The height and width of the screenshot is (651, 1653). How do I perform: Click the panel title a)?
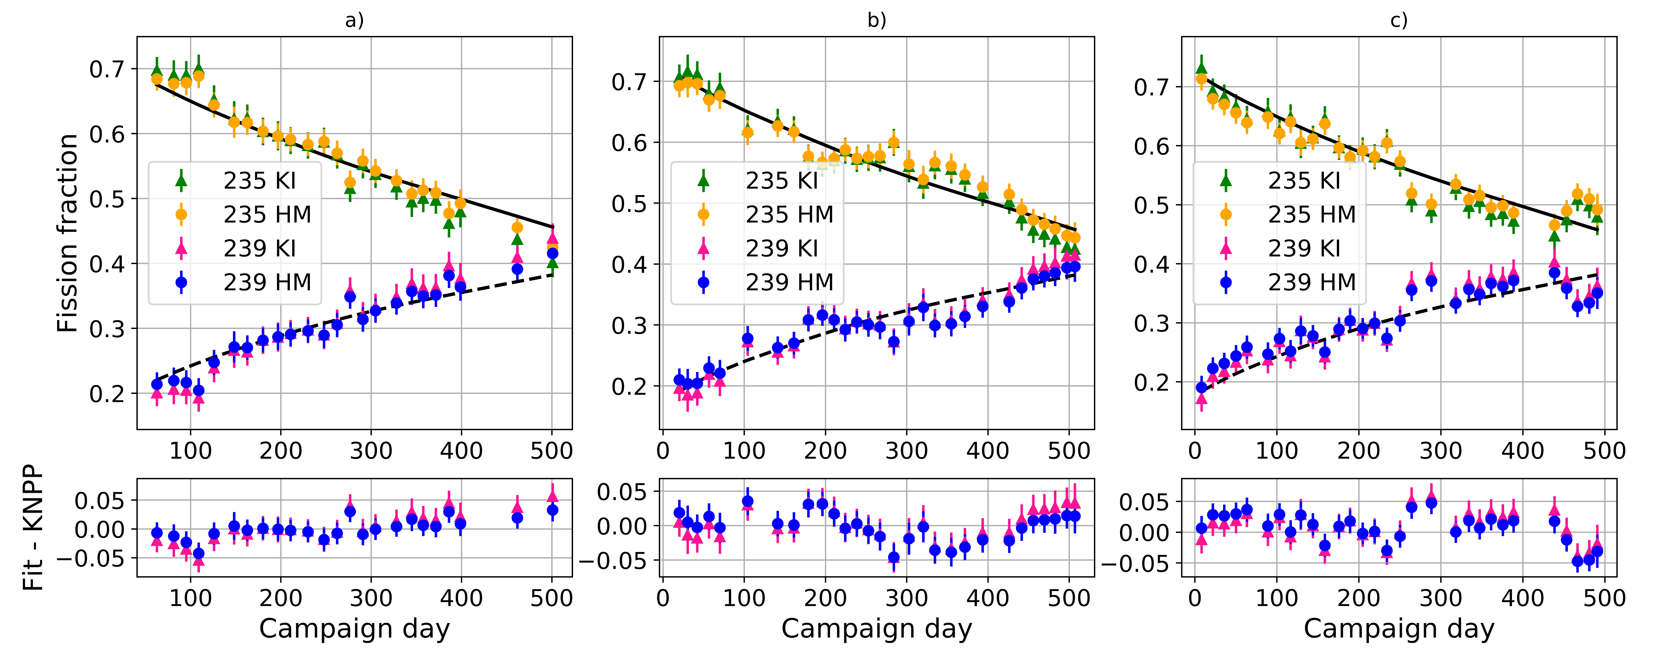click(354, 20)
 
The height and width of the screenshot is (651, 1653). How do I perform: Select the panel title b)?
click(877, 20)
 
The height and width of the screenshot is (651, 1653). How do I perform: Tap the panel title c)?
click(1399, 20)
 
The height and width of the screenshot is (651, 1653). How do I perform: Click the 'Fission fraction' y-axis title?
click(67, 233)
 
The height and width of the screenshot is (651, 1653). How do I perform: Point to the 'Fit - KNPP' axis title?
click(32, 527)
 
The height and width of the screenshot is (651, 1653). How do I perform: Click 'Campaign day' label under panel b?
click(877, 629)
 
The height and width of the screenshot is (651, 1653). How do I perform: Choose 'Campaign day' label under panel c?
click(1399, 629)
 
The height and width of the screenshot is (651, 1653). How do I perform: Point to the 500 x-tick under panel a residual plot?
click(552, 598)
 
